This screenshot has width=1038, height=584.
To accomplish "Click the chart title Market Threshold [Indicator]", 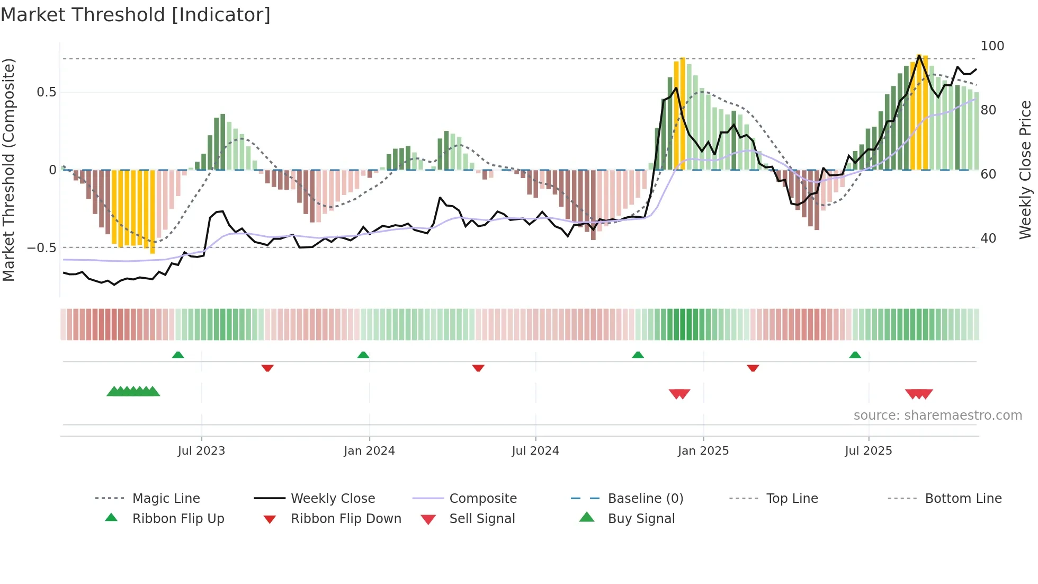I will tap(136, 15).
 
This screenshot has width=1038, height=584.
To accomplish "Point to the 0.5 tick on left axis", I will tap(46, 92).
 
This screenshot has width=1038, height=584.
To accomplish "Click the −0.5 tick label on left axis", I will tap(41, 248).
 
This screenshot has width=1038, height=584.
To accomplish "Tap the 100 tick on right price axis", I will tap(992, 46).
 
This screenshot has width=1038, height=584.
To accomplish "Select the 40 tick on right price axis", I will tap(988, 238).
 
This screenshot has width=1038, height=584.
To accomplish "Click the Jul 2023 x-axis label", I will tap(201, 451).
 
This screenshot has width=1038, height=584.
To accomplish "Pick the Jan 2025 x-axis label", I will tap(703, 451).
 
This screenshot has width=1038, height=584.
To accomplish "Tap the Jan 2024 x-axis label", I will tap(369, 451).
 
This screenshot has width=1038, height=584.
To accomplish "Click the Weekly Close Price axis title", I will tap(1025, 170).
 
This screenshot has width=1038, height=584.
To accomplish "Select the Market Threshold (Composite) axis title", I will tap(8, 170).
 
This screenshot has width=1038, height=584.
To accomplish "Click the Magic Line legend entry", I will tap(166, 499).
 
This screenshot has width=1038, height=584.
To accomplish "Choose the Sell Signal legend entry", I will tap(481, 519).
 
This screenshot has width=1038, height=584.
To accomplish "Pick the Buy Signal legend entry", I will tap(641, 519).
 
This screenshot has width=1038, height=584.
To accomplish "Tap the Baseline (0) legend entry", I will tap(645, 499).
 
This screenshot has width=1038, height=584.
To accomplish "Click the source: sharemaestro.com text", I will tap(937, 415).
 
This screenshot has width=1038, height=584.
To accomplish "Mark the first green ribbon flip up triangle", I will tap(178, 355).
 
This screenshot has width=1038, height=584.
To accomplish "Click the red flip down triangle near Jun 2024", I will tap(478, 368).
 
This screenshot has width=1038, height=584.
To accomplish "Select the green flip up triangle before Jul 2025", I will tap(855, 355).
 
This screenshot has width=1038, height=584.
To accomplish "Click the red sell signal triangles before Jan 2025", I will tap(679, 394).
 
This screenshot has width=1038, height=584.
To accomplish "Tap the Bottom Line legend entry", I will tap(963, 499).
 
